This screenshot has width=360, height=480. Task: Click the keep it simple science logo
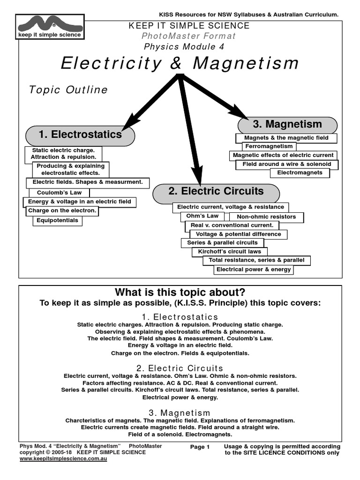click(49, 27)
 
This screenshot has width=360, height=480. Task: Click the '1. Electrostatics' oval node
click(80, 135)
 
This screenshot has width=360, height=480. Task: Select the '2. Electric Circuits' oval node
click(216, 192)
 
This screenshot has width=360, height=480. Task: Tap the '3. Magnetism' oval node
click(287, 125)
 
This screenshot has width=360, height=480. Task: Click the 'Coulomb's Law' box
click(56, 193)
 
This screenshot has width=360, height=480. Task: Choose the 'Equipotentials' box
click(57, 220)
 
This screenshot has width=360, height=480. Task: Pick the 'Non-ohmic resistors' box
click(266, 217)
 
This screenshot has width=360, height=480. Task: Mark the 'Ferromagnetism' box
click(269, 146)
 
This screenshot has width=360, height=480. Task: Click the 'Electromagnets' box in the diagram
click(300, 172)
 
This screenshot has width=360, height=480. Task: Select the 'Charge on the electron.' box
click(62, 211)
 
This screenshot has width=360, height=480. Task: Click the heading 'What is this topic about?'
click(180, 292)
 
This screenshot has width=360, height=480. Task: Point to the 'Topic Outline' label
click(68, 90)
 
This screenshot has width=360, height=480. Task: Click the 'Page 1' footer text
click(200, 447)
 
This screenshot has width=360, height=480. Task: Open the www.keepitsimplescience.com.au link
click(64, 459)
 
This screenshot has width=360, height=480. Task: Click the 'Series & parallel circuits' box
click(222, 243)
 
